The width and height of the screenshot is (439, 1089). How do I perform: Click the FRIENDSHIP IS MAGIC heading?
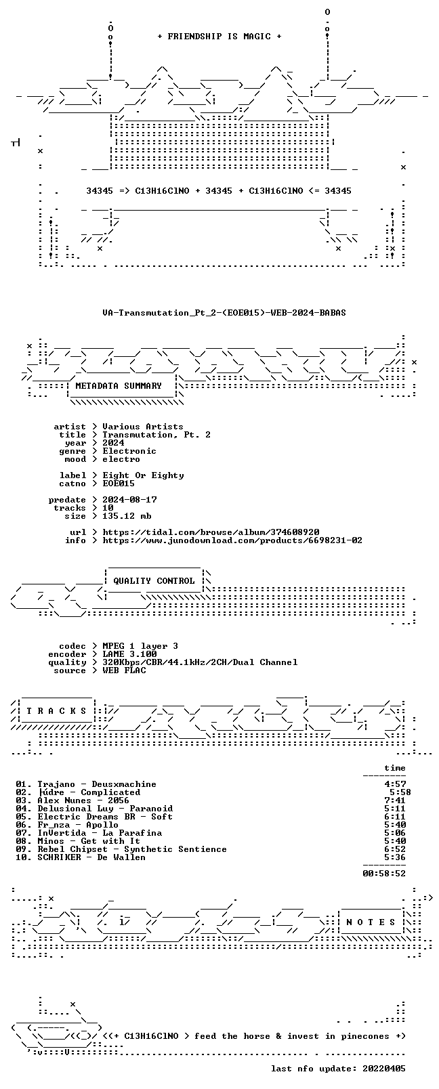coord(219,37)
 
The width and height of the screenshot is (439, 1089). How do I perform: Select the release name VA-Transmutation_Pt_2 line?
coord(224,313)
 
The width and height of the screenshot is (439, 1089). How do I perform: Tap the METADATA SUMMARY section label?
coord(119,386)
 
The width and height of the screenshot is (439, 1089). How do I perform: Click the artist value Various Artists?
coord(143,427)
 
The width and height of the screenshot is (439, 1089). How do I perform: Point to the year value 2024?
coord(113,443)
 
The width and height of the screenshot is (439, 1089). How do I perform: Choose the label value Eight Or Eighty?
coord(143,475)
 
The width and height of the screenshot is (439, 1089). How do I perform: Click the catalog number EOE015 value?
coord(119,484)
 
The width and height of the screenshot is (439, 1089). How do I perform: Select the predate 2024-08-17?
coord(130,500)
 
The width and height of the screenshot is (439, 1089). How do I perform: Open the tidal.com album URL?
coord(211,532)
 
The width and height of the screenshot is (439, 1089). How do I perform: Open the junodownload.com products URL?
coord(232,540)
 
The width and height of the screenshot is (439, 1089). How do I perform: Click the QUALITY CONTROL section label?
coord(154,581)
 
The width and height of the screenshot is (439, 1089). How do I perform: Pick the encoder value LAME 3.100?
coord(129,654)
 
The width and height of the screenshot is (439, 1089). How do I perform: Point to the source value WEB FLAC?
coord(124,670)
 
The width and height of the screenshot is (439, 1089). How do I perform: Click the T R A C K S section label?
coord(56,711)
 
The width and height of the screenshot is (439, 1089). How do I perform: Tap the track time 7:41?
coord(395,800)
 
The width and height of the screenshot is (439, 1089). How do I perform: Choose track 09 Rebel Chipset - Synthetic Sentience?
coord(121,849)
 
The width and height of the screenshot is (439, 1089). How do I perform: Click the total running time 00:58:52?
coord(384,873)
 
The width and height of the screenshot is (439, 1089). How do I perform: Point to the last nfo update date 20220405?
coord(384,1069)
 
